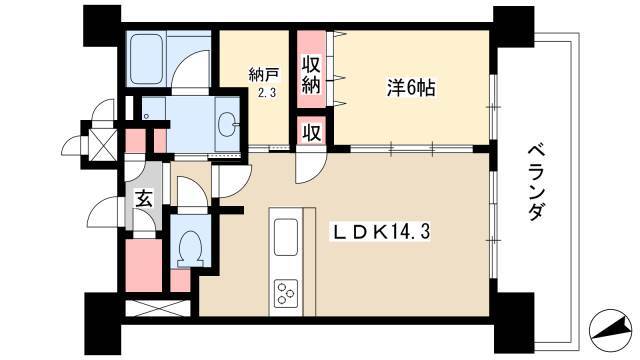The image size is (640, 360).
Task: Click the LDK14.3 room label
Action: [x=381, y=233]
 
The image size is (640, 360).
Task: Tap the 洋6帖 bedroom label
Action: [x=411, y=88]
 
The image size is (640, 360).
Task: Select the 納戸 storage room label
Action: [x=264, y=75]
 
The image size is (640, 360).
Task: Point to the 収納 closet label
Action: [x=311, y=76]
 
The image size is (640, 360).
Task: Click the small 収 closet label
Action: [x=311, y=132]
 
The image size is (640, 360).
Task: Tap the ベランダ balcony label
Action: [x=536, y=183]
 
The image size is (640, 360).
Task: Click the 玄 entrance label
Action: [x=144, y=199]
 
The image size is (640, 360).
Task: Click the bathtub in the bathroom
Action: [x=147, y=58]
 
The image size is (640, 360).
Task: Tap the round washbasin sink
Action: [x=227, y=122]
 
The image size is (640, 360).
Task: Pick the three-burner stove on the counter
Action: [x=285, y=293]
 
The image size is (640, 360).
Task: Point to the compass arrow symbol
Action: [x=609, y=328]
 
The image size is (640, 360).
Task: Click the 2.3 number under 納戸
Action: [x=266, y=93]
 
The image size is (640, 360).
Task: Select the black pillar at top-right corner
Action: [x=513, y=27]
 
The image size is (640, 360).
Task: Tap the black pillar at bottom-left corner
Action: [x=103, y=324]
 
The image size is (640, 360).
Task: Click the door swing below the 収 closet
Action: [x=311, y=167]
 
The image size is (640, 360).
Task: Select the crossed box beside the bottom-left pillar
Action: [x=157, y=309]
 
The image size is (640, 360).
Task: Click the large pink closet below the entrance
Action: [x=144, y=266]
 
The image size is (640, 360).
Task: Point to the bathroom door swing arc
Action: [x=190, y=69]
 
